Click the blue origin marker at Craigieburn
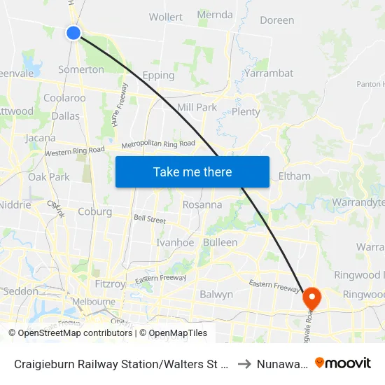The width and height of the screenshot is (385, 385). pyautogui.click(x=73, y=32)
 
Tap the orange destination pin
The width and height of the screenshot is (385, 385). pyautogui.click(x=310, y=298)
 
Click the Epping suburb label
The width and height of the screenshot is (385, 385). pyautogui.click(x=158, y=75)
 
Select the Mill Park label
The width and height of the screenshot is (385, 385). pyautogui.click(x=197, y=107)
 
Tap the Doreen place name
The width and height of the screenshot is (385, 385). pyautogui.click(x=276, y=20)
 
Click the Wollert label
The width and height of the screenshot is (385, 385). pyautogui.click(x=166, y=17)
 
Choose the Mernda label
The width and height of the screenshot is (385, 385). pyautogui.click(x=215, y=14)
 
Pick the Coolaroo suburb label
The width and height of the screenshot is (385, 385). pyautogui.click(x=64, y=98)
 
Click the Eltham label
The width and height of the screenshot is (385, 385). pyautogui.click(x=294, y=176)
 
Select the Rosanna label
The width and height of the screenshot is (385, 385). pyautogui.click(x=202, y=205)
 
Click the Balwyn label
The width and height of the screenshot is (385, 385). pyautogui.click(x=216, y=294)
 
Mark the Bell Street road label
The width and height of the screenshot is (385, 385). pyautogui.click(x=149, y=219)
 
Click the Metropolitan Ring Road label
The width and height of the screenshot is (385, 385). pyautogui.click(x=158, y=144)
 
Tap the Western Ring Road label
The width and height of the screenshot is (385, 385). pyautogui.click(x=74, y=151)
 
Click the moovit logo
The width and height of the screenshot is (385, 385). pyautogui.click(x=343, y=363)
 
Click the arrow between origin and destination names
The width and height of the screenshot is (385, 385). pyautogui.click(x=244, y=363)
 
